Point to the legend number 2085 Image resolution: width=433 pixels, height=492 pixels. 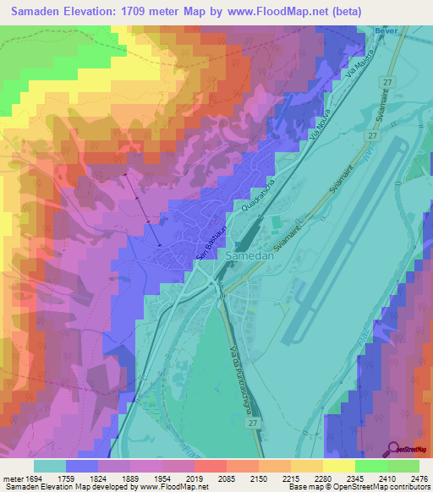pos(211,476)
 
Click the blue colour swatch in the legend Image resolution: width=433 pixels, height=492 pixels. pos(81,465)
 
